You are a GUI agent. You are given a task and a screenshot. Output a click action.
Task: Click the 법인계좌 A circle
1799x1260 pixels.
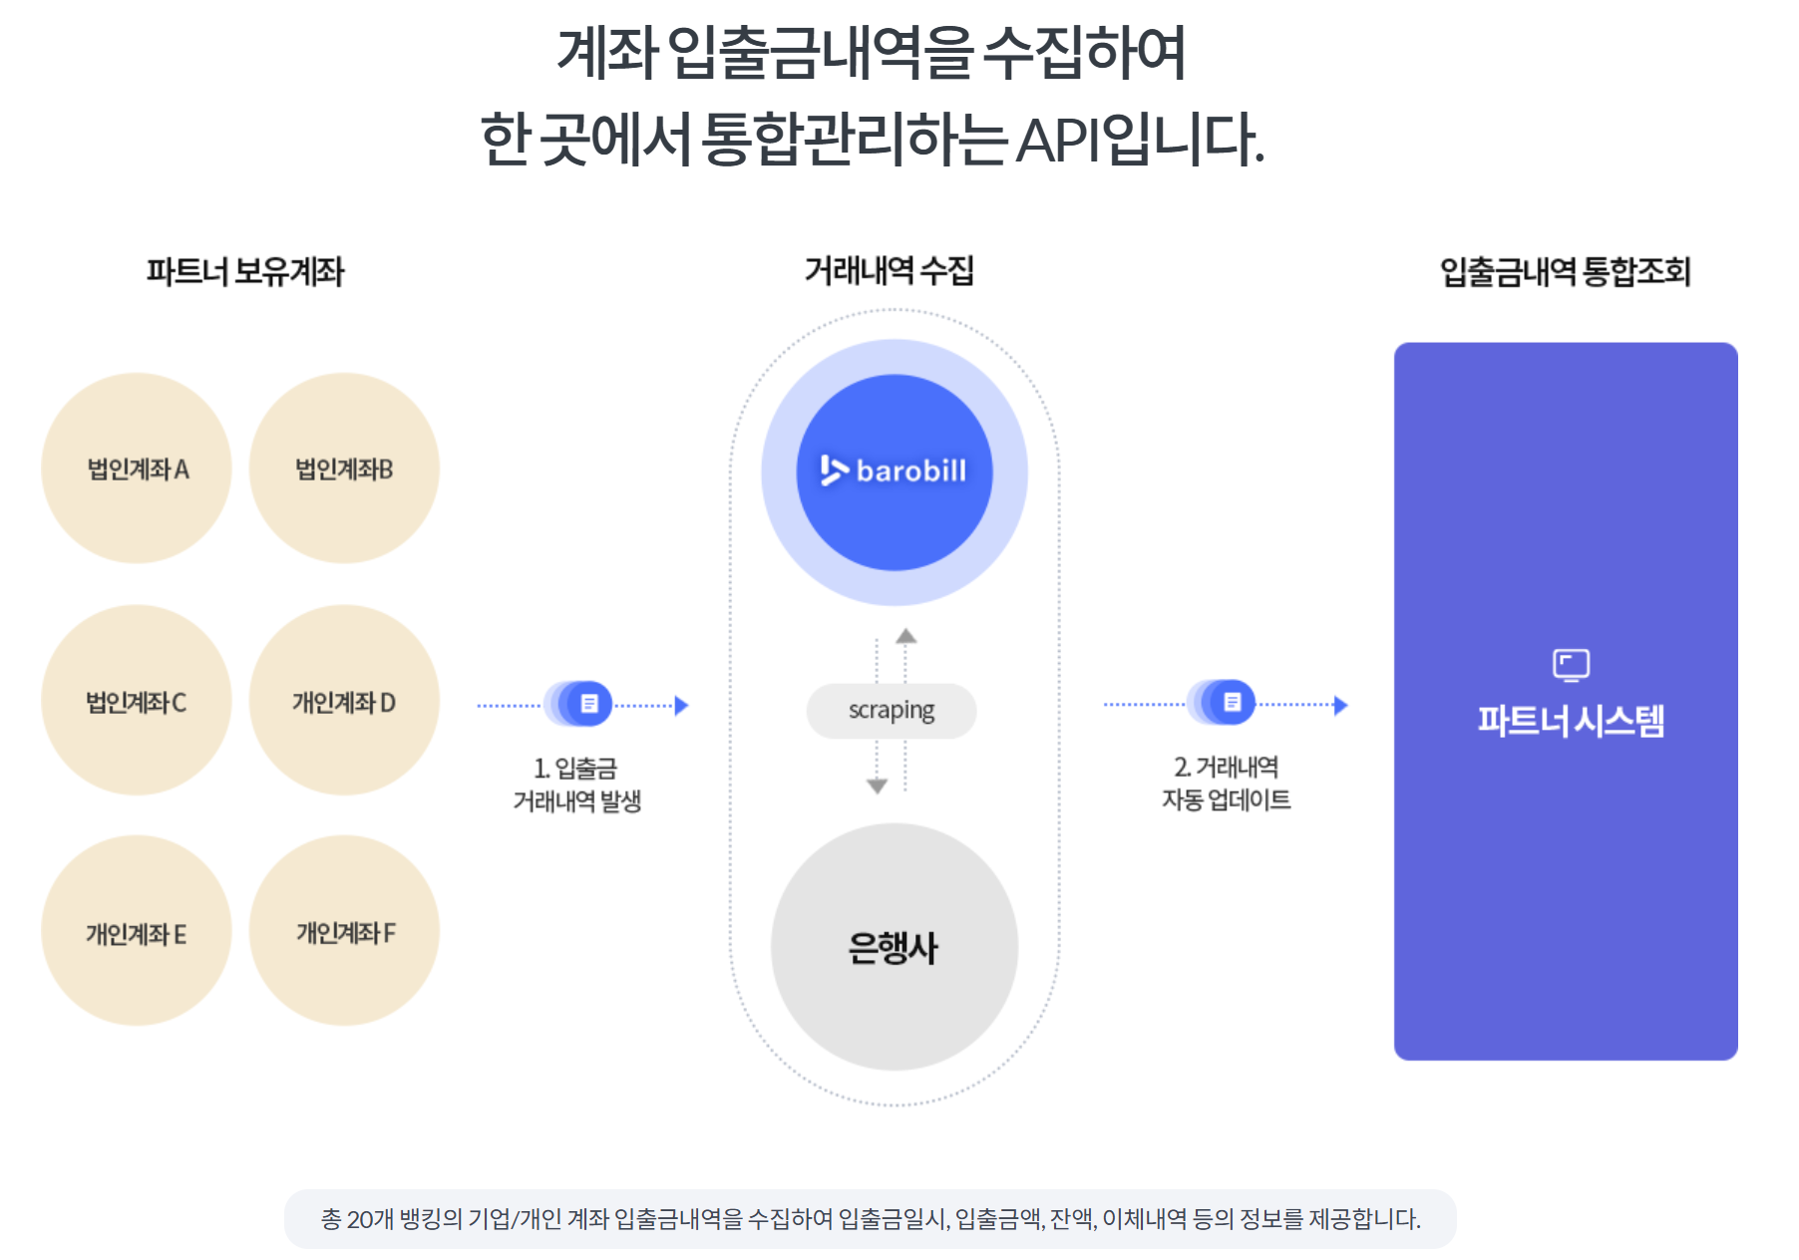tap(137, 469)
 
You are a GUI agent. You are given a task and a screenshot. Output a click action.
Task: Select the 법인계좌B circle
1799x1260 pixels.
tap(344, 469)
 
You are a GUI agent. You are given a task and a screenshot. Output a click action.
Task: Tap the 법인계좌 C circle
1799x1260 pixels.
tap(137, 701)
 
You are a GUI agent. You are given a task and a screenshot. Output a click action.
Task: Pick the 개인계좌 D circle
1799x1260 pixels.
tap(344, 701)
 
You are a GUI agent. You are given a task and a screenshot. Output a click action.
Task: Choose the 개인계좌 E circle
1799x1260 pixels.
tap(137, 932)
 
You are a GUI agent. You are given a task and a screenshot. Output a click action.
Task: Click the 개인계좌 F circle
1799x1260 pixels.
tap(344, 932)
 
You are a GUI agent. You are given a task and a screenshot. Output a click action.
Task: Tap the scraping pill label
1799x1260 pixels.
tap(892, 711)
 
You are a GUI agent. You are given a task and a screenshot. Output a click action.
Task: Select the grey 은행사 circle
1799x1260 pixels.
tap(894, 947)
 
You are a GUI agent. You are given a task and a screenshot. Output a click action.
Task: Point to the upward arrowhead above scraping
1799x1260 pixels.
tap(905, 636)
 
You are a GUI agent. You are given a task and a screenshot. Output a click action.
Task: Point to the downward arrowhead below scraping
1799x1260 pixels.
tap(877, 787)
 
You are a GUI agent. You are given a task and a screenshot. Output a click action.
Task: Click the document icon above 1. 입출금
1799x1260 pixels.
tap(589, 704)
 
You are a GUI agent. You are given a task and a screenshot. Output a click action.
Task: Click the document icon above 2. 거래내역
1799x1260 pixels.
tap(1232, 703)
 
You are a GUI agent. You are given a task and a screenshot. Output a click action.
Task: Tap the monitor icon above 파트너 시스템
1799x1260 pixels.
tap(1571, 665)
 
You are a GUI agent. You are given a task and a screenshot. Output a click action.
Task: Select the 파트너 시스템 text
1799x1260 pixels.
tap(1571, 721)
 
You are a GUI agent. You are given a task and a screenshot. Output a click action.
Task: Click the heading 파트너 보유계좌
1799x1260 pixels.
tap(245, 271)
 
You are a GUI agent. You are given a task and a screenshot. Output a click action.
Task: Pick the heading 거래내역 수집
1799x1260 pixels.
tap(889, 270)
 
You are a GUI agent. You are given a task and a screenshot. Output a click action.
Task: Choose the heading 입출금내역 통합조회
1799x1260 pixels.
tap(1565, 271)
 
